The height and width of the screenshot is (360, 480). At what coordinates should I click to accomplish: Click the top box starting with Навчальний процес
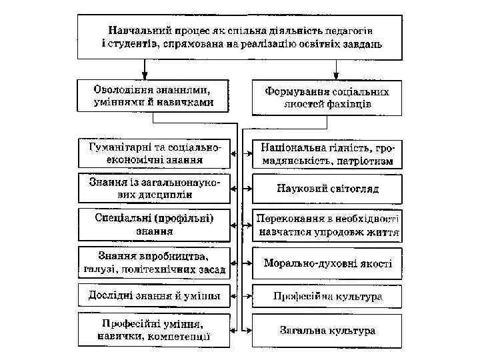click(240, 37)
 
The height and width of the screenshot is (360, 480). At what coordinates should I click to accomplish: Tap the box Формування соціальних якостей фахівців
click(327, 97)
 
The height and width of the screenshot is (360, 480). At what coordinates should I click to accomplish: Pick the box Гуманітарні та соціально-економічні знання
click(154, 153)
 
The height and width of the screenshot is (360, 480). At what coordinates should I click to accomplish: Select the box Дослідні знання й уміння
click(154, 295)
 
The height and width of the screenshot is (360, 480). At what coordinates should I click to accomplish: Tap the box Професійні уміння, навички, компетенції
click(154, 330)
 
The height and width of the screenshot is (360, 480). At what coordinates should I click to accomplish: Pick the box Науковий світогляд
click(327, 189)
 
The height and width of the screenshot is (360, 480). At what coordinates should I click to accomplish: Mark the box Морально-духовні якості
click(327, 263)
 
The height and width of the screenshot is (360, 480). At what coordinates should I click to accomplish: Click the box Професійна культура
click(327, 295)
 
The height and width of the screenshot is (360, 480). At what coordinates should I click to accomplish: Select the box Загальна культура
click(327, 330)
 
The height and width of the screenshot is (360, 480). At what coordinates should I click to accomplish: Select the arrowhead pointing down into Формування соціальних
click(337, 75)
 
